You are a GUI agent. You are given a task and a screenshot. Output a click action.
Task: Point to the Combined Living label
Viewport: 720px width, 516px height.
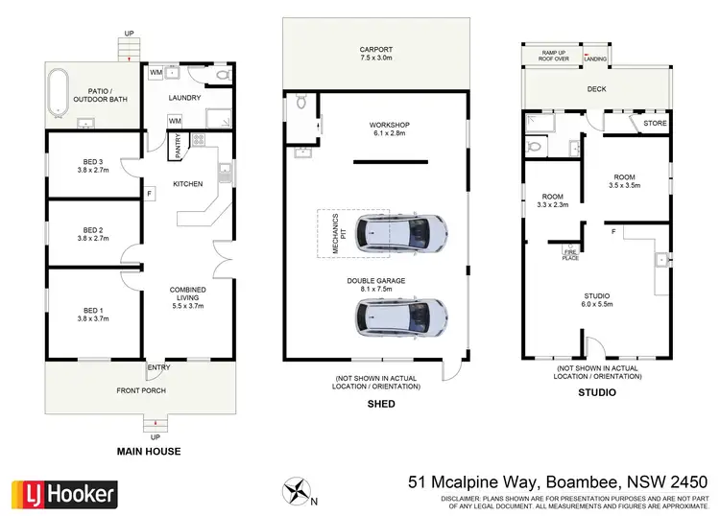tap(188, 290)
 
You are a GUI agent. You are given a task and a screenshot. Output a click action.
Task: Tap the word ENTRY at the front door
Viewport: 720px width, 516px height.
tap(158, 367)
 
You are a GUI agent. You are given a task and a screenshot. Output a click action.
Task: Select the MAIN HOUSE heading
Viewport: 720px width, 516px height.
tap(148, 451)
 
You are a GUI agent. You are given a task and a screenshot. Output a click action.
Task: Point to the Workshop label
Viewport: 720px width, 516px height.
tap(390, 126)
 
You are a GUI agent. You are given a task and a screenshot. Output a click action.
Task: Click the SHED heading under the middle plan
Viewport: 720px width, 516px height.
tap(381, 404)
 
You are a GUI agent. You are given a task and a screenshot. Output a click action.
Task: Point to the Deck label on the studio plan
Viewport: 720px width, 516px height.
tap(598, 90)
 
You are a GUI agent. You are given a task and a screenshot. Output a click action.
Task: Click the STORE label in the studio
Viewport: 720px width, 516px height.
tap(655, 124)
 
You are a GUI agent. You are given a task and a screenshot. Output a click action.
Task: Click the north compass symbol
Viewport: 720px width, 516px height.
tap(298, 491)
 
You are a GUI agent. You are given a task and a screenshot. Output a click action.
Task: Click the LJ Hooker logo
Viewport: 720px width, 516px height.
tap(63, 494)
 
